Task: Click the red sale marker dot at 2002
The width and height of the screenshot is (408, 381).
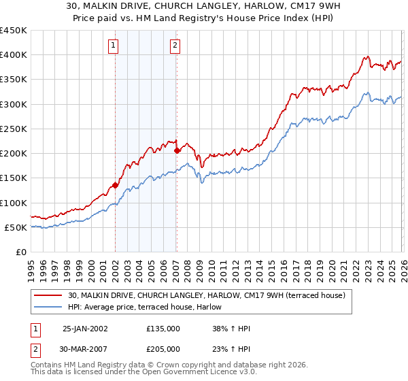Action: [x=115, y=185]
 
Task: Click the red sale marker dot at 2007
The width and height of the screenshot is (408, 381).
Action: [x=177, y=150]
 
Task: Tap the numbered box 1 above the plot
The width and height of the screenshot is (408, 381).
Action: [x=113, y=46]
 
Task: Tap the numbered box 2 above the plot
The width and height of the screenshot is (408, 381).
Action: [x=175, y=46]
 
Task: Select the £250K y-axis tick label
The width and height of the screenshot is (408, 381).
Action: [x=14, y=129]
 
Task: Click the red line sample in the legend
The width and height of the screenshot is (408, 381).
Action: [x=49, y=295]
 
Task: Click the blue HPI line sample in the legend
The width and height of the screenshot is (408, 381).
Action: [x=49, y=307]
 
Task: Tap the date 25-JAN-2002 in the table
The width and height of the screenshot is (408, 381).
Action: [x=85, y=329]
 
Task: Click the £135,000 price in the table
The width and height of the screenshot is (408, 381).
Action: [x=163, y=329]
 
